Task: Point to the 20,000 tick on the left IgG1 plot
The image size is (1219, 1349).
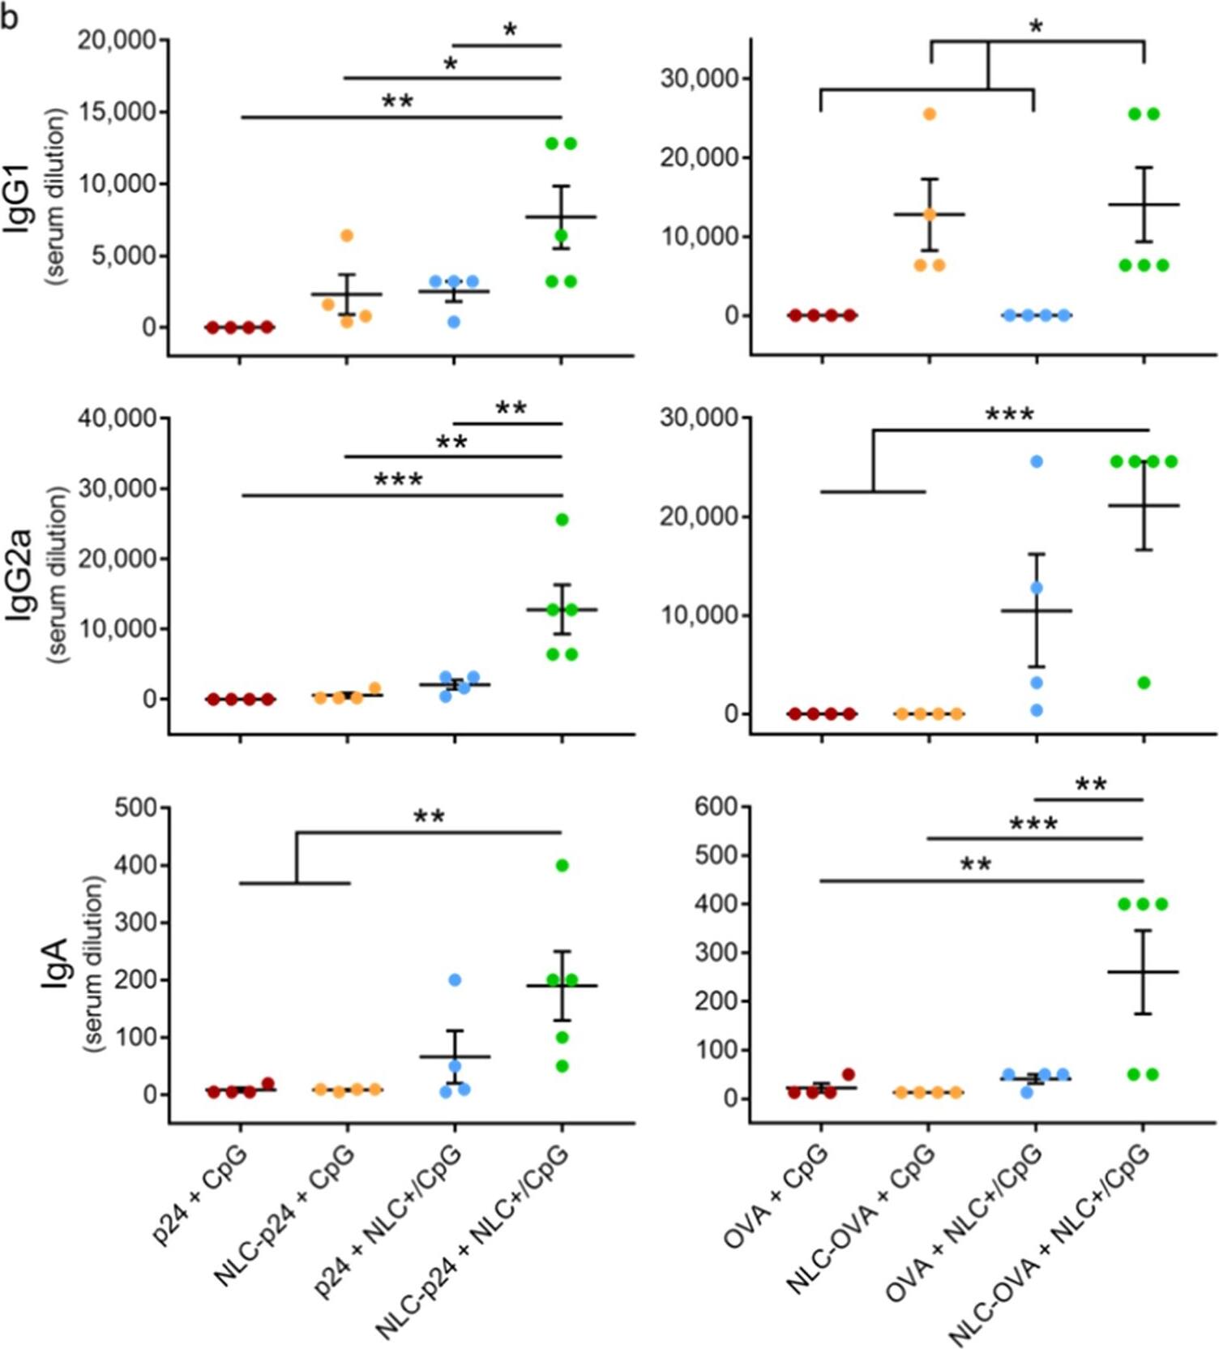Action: (x=117, y=40)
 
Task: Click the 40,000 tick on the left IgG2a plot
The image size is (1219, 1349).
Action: (x=117, y=418)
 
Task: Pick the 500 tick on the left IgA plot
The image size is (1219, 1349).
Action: (x=136, y=807)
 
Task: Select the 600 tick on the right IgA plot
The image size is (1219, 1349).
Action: (x=716, y=807)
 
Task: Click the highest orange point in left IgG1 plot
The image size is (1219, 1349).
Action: (x=346, y=236)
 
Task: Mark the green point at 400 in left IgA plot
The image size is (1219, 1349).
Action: (x=562, y=866)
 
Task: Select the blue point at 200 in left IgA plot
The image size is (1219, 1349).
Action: (x=455, y=980)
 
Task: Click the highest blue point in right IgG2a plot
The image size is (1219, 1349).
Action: (x=1036, y=462)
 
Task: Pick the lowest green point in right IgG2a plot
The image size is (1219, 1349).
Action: (x=1144, y=683)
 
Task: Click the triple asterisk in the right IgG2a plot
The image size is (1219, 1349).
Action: (x=1009, y=415)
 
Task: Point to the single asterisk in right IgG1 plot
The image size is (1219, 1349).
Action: (x=1036, y=27)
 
